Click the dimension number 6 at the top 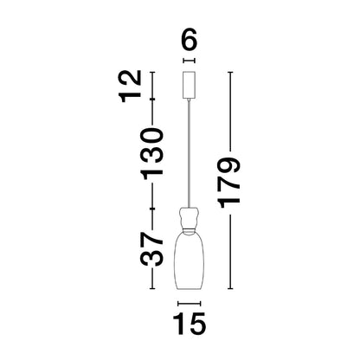click(x=190, y=39)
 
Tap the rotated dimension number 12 click(x=132, y=87)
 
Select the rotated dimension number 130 click(x=152, y=154)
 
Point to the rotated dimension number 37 click(x=152, y=249)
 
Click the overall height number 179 click(x=229, y=183)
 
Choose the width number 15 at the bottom click(x=190, y=324)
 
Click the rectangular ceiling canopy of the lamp click(x=190, y=85)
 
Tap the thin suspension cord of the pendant click(x=190, y=154)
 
